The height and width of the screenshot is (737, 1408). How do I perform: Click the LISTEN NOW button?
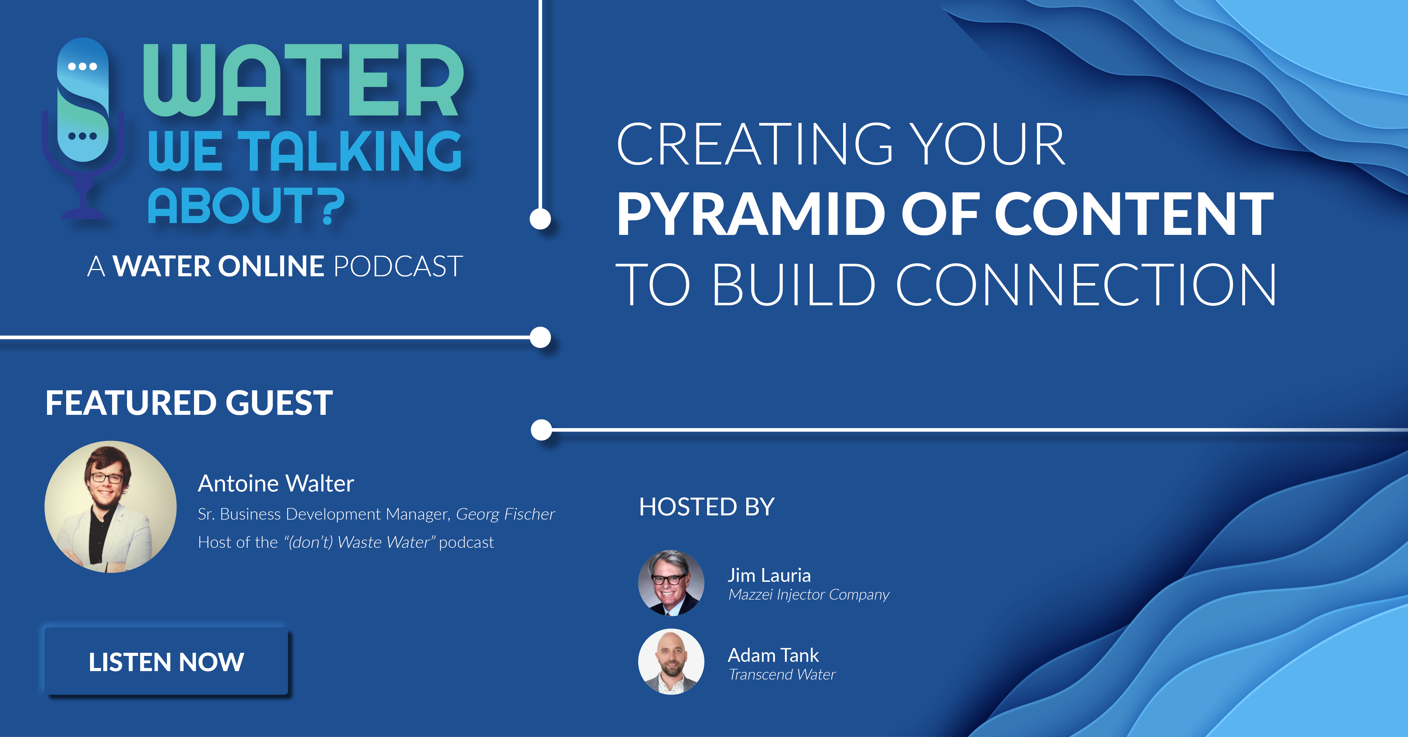[x=166, y=662]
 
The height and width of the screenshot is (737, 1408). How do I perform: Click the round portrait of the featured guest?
[x=110, y=507]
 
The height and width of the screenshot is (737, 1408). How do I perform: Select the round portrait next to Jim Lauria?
[x=671, y=583]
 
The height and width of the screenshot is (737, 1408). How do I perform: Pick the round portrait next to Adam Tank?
[x=671, y=662]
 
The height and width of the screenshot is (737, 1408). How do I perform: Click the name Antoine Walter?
[x=276, y=483]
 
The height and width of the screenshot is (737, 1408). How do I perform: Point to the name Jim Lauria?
[x=769, y=575]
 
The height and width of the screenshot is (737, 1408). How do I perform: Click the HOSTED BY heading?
[x=707, y=507]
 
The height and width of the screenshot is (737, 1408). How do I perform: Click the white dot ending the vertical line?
[x=540, y=219]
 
